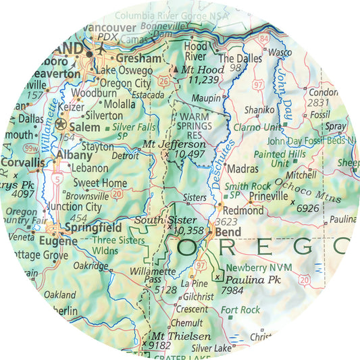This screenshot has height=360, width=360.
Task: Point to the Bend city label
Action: [x=226, y=232]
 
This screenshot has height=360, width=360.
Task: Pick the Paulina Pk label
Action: [x=250, y=278]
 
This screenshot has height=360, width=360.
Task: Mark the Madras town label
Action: [x=247, y=168]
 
